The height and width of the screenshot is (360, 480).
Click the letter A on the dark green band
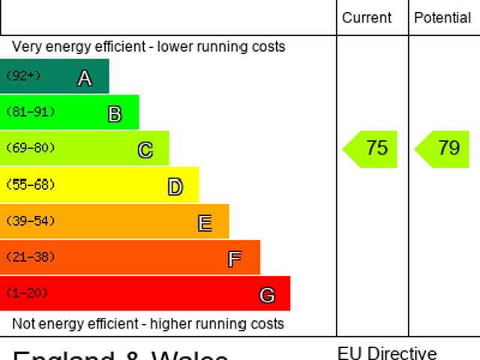(x=85, y=78)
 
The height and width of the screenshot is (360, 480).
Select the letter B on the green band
(x=115, y=114)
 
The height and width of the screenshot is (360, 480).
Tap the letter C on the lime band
(x=145, y=150)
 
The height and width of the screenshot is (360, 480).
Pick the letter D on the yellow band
(x=175, y=187)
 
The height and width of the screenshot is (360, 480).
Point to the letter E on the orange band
(x=204, y=223)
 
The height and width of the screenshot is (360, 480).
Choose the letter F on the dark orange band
(x=235, y=259)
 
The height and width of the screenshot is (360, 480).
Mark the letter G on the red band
(x=266, y=295)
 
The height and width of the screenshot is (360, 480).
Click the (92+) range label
(x=23, y=76)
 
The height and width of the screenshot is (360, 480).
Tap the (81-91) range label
(x=30, y=112)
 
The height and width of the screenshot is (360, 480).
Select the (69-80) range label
(x=30, y=148)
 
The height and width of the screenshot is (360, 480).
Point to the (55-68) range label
(x=30, y=184)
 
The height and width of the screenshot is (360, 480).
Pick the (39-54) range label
(x=30, y=221)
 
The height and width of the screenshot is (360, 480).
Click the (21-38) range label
(x=30, y=257)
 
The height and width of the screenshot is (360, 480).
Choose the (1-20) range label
(x=26, y=293)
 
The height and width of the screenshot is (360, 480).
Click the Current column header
(x=367, y=18)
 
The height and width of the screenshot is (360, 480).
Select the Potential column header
(x=442, y=18)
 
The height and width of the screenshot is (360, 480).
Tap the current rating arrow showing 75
(x=372, y=148)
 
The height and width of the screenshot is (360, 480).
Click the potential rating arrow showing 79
(x=444, y=148)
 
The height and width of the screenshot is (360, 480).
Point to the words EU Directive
(x=387, y=352)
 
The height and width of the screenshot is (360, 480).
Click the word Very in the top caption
(x=26, y=46)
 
